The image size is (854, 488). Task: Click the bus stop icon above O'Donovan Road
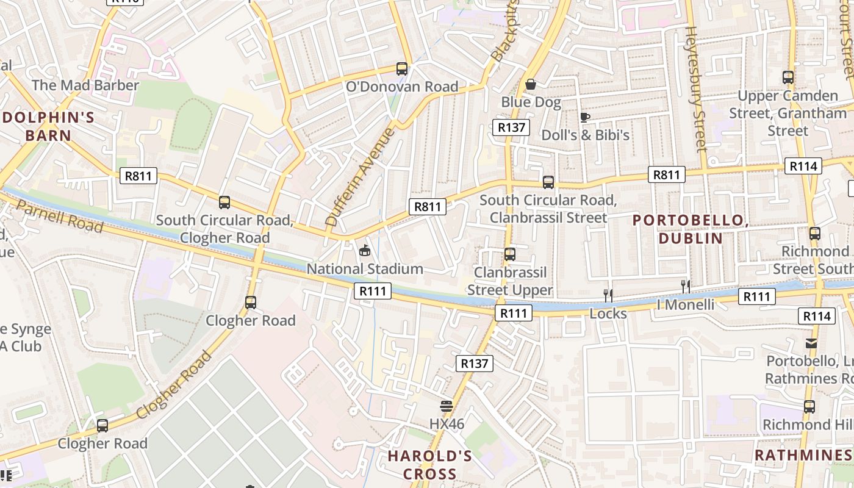(x=401, y=69)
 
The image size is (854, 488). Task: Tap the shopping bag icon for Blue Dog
(x=531, y=84)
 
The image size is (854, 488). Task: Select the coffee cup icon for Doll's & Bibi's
(x=584, y=117)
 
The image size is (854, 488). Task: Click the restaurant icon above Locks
(x=608, y=296)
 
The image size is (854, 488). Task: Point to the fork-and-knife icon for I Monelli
(x=686, y=287)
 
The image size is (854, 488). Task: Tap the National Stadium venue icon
(x=365, y=251)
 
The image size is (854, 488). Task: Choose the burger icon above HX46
(x=447, y=406)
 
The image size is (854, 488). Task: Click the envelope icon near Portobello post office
(x=811, y=343)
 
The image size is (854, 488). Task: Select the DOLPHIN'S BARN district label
(x=48, y=126)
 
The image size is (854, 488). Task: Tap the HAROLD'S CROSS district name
(x=430, y=465)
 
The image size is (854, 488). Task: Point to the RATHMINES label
(x=803, y=455)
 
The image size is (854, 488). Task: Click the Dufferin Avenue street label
(x=361, y=177)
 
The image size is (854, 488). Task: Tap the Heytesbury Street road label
(x=696, y=88)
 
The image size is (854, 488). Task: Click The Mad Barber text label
(x=85, y=85)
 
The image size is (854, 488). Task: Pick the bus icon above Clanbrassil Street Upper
(x=510, y=254)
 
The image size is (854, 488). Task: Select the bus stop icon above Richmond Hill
(x=809, y=407)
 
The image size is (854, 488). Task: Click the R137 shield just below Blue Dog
(x=511, y=127)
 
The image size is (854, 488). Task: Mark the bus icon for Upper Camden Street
(x=788, y=77)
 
